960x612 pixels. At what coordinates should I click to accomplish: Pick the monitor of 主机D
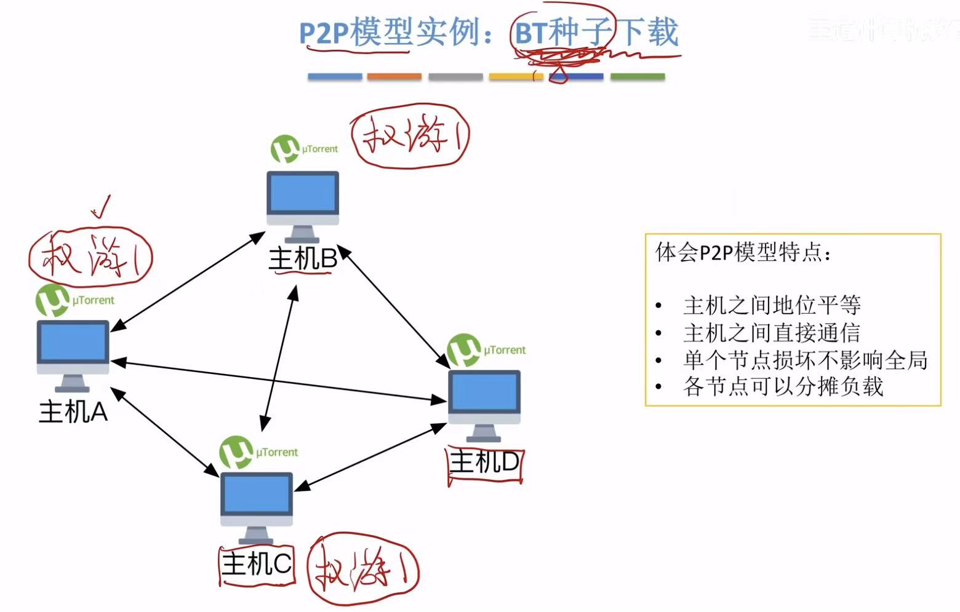(484, 394)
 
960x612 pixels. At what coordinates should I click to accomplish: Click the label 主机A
(73, 411)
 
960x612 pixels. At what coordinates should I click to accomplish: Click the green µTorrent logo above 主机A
(52, 300)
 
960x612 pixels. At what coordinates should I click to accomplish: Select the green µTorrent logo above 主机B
(285, 149)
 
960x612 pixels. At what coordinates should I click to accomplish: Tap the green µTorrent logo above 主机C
(236, 452)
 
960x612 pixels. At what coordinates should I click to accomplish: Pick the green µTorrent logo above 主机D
(463, 350)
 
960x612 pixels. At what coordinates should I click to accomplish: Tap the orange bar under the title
(394, 77)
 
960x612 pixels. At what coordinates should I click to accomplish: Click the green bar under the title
(637, 77)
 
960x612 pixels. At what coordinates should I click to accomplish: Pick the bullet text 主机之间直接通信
(772, 333)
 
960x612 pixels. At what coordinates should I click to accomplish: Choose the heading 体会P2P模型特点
(743, 252)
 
